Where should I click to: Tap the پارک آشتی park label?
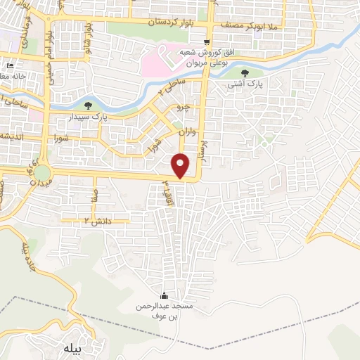tap(243, 84)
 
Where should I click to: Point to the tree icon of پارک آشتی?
tap(243, 73)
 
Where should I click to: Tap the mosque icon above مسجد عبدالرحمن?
tap(165, 295)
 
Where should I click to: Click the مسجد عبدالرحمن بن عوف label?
tap(165, 311)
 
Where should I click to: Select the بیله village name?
tap(72, 348)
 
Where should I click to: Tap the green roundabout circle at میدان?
tap(44, 172)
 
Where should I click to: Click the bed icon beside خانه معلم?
tap(9, 65)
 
